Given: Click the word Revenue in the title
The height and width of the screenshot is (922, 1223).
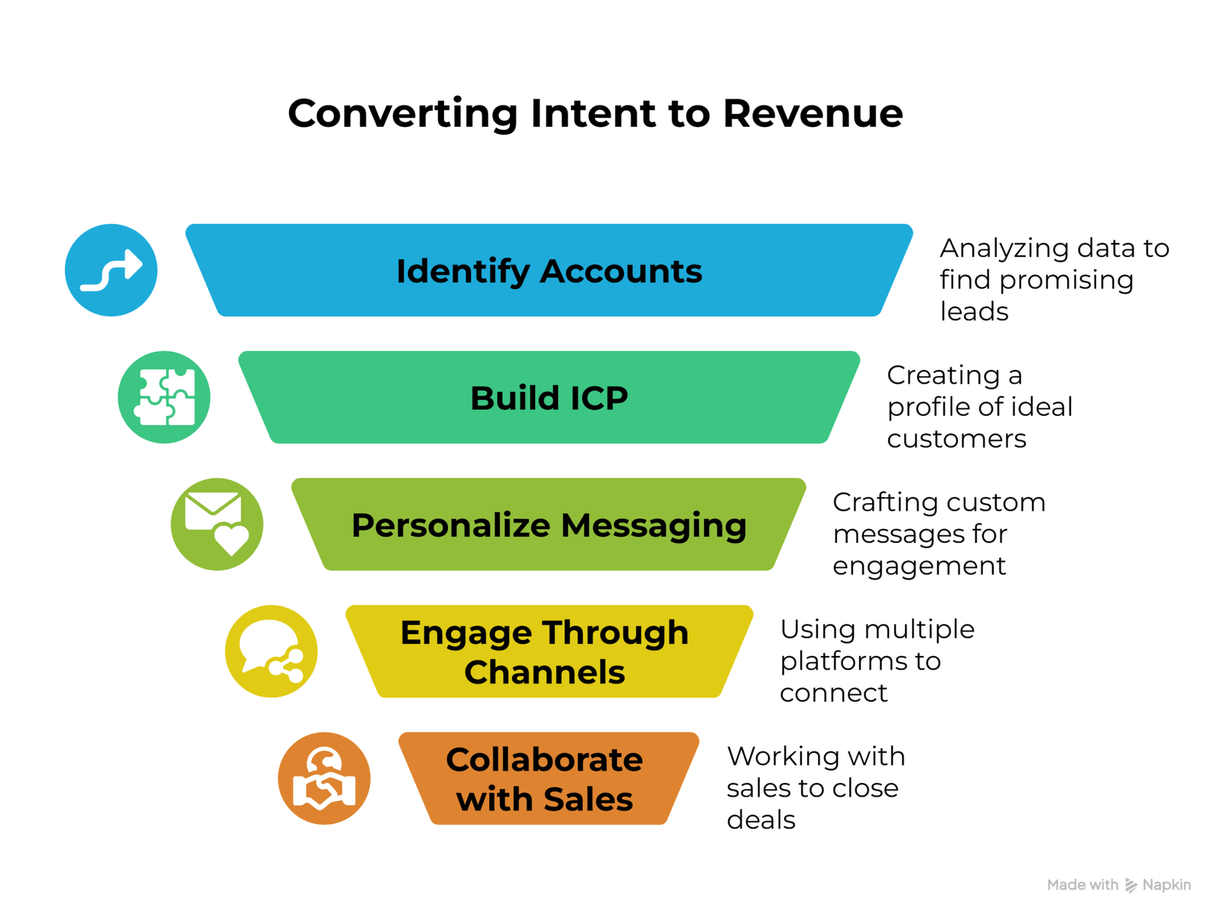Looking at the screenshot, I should [813, 113].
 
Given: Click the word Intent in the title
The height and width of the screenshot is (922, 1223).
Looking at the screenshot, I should [593, 113].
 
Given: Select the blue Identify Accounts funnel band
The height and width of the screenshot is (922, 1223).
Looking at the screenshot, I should [549, 271].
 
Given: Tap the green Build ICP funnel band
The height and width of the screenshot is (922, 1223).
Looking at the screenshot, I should [549, 398].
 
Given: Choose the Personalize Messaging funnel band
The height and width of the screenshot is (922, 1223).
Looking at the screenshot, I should [549, 524].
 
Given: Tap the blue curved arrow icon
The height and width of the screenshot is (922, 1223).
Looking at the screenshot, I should [112, 270].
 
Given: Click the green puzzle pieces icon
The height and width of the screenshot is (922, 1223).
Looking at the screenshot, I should [164, 397].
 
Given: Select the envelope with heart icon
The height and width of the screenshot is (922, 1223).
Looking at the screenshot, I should [217, 524].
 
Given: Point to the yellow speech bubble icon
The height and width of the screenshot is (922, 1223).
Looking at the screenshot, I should [271, 651].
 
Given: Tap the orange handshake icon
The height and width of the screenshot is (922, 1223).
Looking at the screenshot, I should [324, 778].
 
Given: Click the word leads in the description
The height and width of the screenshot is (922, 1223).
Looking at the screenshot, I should [974, 312].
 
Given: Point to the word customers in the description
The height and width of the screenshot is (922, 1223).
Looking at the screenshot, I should [956, 439].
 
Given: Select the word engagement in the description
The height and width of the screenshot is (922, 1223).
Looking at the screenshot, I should [919, 567].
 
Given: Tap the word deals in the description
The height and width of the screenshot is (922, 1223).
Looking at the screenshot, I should [761, 820].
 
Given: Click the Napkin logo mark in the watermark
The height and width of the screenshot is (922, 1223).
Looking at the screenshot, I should [1131, 885].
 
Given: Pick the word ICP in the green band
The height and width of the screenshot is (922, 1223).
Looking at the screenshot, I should [592, 398].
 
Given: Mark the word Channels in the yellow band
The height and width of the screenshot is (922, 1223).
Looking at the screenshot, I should [544, 673].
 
